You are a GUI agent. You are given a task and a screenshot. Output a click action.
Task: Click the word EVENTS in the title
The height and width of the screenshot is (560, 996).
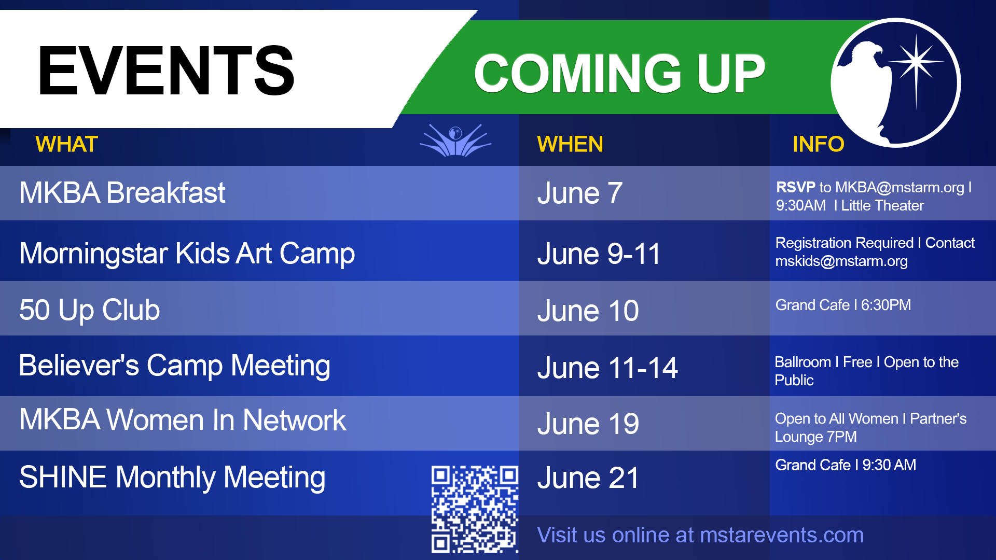[x=166, y=71]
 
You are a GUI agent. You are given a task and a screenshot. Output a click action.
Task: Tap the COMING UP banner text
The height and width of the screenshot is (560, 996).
[x=620, y=74]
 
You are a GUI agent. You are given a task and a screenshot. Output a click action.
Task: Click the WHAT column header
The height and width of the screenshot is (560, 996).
[x=67, y=144]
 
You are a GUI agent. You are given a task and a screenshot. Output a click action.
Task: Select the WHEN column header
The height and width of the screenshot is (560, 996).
[x=570, y=144]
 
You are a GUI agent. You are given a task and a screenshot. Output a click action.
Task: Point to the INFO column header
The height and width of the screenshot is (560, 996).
[x=819, y=144]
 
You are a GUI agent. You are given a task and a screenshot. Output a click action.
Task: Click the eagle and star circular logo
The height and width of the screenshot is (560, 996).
[x=896, y=83]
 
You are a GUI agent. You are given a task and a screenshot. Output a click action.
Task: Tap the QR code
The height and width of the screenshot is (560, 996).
[x=475, y=509]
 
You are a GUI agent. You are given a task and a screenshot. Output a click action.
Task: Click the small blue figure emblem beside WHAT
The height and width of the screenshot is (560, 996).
[x=455, y=140]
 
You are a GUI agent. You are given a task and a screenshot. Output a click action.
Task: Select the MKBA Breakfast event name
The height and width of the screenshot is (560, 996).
[x=122, y=193]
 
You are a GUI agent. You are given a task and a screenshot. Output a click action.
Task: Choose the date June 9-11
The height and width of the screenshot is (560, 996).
[x=599, y=254]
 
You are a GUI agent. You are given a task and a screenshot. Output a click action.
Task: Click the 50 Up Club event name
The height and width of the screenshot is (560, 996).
[x=90, y=310]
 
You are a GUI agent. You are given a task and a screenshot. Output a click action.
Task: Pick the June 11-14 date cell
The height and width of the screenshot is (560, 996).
[x=607, y=368]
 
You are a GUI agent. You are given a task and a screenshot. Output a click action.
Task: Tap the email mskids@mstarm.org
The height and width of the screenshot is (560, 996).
[x=841, y=261]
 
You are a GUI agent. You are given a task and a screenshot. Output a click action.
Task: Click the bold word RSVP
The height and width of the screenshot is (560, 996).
[x=796, y=187]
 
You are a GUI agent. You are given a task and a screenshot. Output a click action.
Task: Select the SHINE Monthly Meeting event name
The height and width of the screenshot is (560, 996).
[x=172, y=478]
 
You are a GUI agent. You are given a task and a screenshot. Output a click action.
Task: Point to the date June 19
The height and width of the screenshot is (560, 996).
[x=588, y=424]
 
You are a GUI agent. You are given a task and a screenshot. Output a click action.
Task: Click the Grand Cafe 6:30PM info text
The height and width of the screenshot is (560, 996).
[x=843, y=305]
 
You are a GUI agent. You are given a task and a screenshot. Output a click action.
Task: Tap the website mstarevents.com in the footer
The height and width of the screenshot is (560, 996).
[x=782, y=535]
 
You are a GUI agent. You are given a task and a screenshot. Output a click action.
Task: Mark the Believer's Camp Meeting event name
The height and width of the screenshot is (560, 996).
[x=175, y=366]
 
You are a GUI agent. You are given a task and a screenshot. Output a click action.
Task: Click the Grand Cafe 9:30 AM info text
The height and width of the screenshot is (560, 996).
[x=846, y=465]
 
